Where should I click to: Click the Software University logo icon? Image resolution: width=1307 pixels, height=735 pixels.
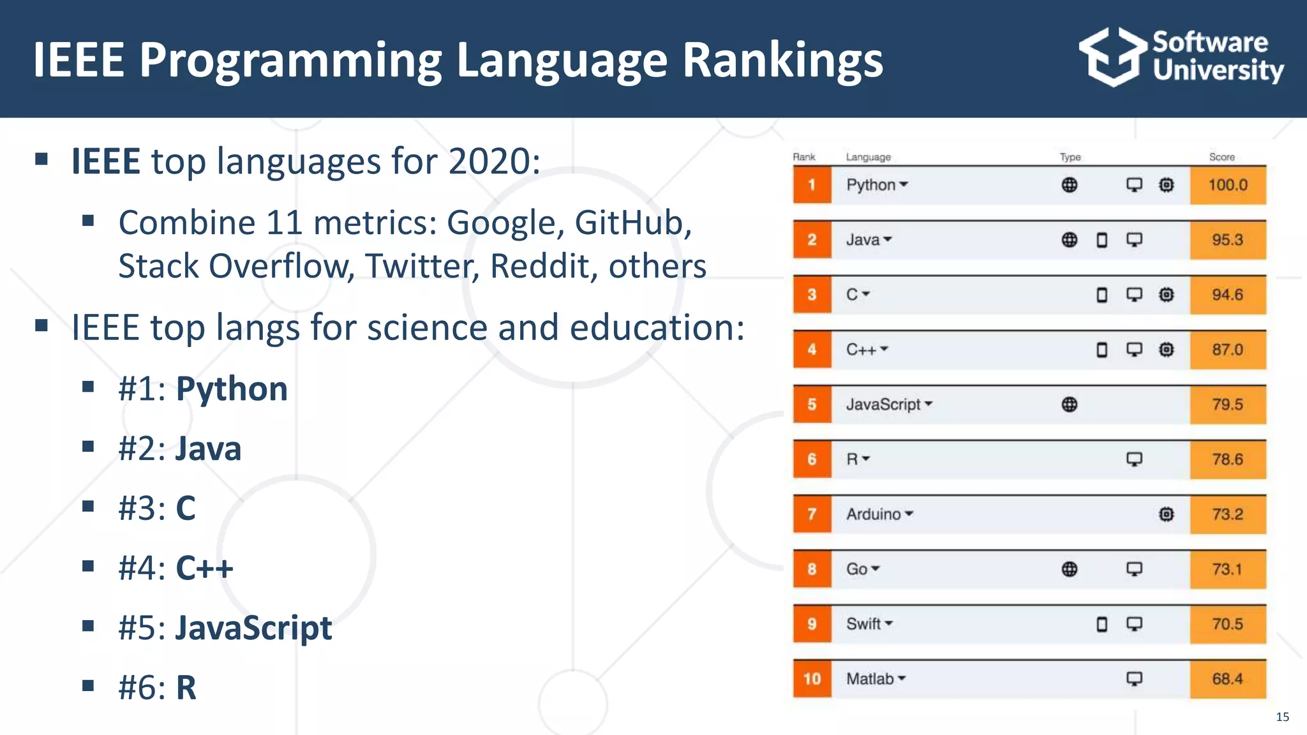click(x=1112, y=57)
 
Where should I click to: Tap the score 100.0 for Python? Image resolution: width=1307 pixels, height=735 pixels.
click(x=1227, y=185)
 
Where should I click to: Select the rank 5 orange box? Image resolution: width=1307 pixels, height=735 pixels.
click(x=812, y=405)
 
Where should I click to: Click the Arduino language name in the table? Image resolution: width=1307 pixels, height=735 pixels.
click(x=873, y=514)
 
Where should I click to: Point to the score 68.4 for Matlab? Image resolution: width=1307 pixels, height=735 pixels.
click(x=1227, y=679)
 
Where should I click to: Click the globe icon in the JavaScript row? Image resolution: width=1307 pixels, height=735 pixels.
click(x=1070, y=405)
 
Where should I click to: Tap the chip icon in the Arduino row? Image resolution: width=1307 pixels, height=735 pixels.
click(x=1166, y=514)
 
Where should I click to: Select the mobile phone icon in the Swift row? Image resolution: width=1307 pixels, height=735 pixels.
click(x=1102, y=624)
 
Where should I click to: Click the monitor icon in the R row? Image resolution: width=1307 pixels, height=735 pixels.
click(x=1134, y=459)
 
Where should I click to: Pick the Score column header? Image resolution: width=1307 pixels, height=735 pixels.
click(x=1221, y=157)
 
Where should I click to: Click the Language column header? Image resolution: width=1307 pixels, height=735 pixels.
click(x=868, y=157)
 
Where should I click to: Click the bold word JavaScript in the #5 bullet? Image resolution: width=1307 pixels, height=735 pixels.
click(x=254, y=628)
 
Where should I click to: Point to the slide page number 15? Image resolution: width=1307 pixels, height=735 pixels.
click(x=1282, y=717)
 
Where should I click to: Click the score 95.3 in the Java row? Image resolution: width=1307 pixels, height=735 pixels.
click(x=1227, y=240)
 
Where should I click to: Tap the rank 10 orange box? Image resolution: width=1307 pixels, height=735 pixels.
click(x=812, y=679)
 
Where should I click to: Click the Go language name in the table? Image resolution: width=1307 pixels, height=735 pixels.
click(x=856, y=569)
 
